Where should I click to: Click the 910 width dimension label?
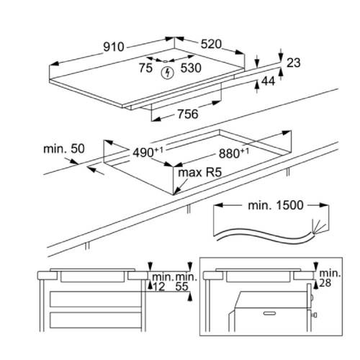pos(114,47)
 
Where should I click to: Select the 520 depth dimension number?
pos(211,44)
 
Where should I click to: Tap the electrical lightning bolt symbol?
pos(167,73)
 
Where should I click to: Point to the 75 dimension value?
pos(145,68)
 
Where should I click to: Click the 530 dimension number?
pos(191,68)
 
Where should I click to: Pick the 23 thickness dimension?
pos(294,63)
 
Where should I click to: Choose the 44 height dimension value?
pos(268,81)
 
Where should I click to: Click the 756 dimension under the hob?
pos(188,114)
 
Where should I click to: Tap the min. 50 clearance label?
pos(64,149)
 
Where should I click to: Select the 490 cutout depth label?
pos(148,153)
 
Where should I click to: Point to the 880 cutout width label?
pos(234,153)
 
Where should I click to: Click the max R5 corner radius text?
pos(200,172)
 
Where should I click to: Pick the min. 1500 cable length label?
pos(276,205)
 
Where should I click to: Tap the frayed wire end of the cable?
pos(316,228)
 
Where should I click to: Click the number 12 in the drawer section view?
pos(159,287)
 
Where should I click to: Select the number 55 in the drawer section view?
pos(181,287)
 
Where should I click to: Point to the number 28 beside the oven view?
pos(325,283)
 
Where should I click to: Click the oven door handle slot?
pos(270,313)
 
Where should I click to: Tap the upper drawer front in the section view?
pos(96,299)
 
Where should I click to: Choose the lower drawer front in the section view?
pos(96,320)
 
